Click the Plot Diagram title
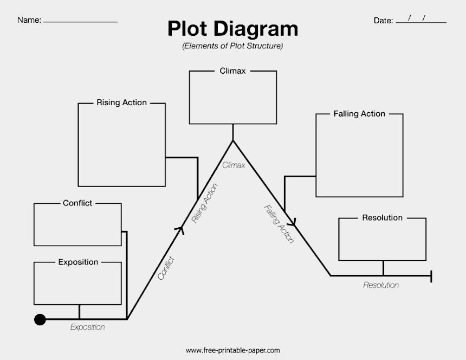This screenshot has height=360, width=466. click(232, 29)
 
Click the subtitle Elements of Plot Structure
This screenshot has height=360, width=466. click(232, 46)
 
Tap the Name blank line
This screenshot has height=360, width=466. click(80, 21)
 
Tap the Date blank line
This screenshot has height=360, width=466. click(421, 22)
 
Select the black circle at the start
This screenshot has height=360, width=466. click(40, 319)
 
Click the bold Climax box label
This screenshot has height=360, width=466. click(232, 71)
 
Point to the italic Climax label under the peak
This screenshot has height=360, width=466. click(234, 165)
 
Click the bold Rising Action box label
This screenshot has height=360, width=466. click(121, 102)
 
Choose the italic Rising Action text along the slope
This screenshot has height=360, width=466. click(205, 203)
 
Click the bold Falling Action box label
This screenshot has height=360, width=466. click(359, 114)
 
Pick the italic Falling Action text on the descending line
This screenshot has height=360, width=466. click(279, 223)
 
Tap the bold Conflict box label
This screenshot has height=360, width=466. click(77, 203)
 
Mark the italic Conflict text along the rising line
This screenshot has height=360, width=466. click(166, 268)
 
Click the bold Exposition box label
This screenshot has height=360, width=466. click(78, 262)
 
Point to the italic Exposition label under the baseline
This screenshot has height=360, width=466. click(88, 327)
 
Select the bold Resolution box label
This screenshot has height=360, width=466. click(382, 218)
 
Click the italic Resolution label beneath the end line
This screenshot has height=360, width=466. click(381, 285)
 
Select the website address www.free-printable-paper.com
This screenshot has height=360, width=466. click(232, 351)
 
